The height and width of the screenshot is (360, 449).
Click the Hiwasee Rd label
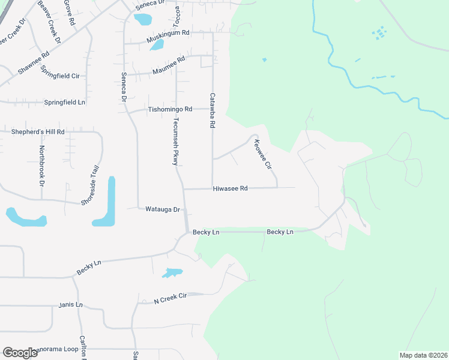pos(230,188)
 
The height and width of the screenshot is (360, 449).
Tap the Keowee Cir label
pos(264,154)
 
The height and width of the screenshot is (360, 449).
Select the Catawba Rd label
pos(212,110)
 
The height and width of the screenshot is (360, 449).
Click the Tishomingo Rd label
pos(170,110)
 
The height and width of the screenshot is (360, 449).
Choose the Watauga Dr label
pos(163,209)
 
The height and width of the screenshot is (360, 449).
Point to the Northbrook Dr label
pos(42,164)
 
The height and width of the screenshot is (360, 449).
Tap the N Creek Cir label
pos(170,298)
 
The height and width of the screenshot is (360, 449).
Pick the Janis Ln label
pos(70,305)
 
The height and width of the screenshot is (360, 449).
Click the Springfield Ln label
pos(65,103)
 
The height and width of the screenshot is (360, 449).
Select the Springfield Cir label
pos(60,76)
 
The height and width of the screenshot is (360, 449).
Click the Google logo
pos(20,352)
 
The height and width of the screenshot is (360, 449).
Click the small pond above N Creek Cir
pos(172,273)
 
